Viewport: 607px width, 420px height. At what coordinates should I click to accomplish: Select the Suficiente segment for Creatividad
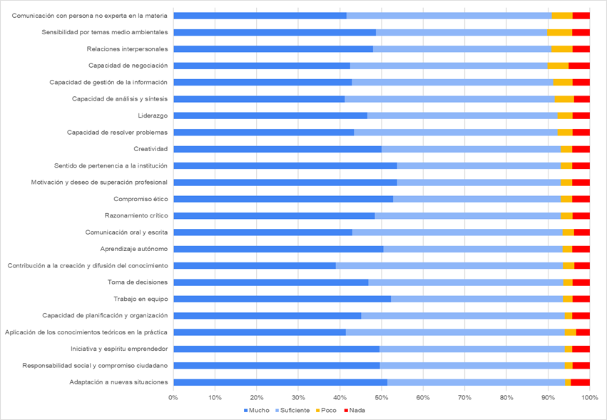pyautogui.click(x=471, y=149)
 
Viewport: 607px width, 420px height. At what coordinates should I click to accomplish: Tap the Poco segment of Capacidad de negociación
pyautogui.click(x=558, y=66)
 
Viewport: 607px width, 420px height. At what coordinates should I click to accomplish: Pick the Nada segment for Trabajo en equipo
pyautogui.click(x=581, y=299)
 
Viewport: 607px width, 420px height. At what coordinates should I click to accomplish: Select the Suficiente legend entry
pyautogui.click(x=292, y=411)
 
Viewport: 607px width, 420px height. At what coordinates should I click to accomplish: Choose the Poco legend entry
pyautogui.click(x=327, y=411)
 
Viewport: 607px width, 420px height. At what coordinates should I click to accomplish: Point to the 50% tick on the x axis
pyautogui.click(x=382, y=396)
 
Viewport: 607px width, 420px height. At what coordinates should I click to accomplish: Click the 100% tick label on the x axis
pyautogui.click(x=589, y=396)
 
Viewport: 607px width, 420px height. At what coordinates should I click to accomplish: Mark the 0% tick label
pyautogui.click(x=173, y=396)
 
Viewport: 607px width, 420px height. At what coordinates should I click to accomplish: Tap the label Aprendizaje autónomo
pyautogui.click(x=134, y=249)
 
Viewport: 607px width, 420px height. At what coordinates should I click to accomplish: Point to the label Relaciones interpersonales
pyautogui.click(x=127, y=49)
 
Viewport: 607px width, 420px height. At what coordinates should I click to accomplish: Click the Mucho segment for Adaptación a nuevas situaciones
pyautogui.click(x=280, y=382)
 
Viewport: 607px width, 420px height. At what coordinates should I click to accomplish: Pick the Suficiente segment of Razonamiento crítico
pyautogui.click(x=467, y=215)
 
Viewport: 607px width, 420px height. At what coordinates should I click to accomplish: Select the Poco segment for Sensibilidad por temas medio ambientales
pyautogui.click(x=559, y=32)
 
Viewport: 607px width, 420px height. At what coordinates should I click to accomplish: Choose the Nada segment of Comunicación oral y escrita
pyautogui.click(x=581, y=232)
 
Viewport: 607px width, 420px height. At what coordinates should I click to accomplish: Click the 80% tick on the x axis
pyautogui.click(x=506, y=396)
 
